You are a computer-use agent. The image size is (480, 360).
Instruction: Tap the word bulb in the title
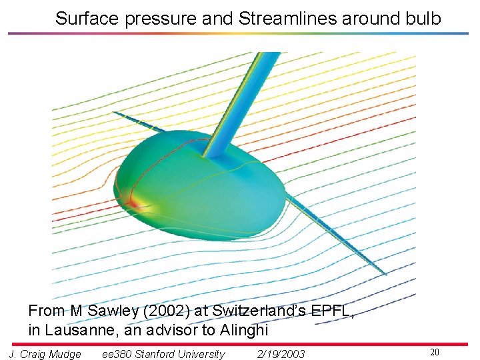[421, 19]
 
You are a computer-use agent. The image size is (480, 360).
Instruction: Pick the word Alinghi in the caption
[243, 329]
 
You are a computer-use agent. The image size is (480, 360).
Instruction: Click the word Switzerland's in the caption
[251, 311]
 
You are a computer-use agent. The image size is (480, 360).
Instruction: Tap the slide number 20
[435, 352]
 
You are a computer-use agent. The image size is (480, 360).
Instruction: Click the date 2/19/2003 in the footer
[281, 354]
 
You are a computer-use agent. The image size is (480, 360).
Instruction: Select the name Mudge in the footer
[66, 354]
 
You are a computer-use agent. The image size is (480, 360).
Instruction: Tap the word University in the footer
[203, 354]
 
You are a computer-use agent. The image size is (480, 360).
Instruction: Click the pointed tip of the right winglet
[385, 274]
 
